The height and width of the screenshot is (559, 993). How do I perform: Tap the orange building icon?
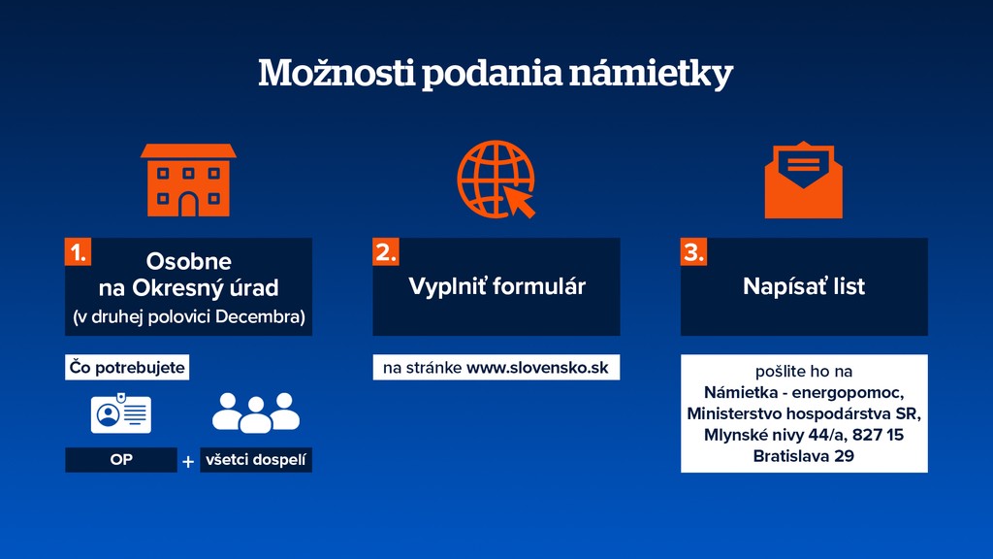point(188,181)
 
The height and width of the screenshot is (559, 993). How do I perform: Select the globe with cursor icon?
point(496,180)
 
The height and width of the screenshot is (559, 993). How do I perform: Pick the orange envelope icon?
point(803,181)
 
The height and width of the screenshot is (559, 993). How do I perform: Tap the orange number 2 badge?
point(386,252)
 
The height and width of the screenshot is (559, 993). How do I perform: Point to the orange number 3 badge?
point(693,252)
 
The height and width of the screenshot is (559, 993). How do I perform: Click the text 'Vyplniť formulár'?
point(496,286)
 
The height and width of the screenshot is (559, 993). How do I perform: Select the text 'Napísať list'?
point(804,286)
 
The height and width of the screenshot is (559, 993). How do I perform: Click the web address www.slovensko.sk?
point(537,368)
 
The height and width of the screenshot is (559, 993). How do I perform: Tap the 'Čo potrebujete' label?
point(127,368)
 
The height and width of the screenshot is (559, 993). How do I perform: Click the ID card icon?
point(121,413)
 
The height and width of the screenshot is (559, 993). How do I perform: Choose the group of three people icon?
point(255,412)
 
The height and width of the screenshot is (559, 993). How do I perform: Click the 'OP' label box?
point(120,460)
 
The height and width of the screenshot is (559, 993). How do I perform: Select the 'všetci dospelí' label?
point(256,460)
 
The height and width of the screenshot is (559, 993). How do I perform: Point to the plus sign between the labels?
point(188,462)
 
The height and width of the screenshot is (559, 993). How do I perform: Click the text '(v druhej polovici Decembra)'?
point(188,316)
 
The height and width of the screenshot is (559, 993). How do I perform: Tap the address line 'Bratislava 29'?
point(804,455)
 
